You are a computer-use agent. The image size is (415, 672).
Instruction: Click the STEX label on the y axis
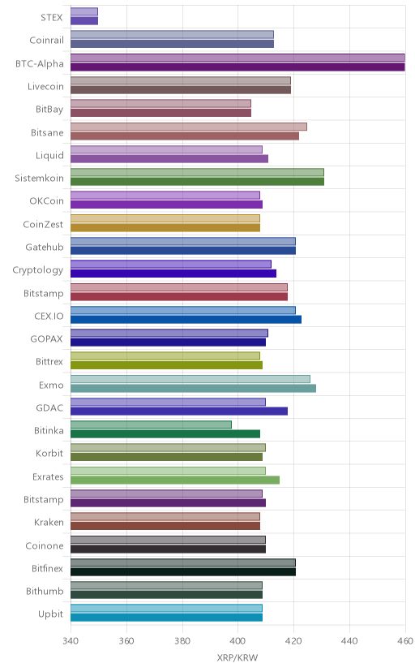coord(52,18)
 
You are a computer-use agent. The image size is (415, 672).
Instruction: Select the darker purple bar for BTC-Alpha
coord(237,67)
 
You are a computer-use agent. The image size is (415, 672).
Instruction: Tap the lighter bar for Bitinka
coord(151,424)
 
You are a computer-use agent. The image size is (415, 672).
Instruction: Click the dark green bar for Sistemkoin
coord(197,182)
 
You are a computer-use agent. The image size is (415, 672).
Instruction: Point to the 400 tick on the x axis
coord(237,641)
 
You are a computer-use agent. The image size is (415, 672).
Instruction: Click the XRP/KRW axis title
coord(237,658)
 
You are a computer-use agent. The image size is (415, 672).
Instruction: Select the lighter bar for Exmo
coord(190,379)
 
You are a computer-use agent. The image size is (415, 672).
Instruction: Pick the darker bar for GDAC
coord(179,411)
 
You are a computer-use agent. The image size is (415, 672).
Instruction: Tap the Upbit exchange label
coord(50,614)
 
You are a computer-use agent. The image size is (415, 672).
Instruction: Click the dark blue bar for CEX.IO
coord(186,319)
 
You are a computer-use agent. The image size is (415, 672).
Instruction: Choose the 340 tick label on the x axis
coord(71,641)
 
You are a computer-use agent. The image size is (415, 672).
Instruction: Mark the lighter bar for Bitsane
coord(189,127)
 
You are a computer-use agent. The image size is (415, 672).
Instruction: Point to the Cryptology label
coord(37,270)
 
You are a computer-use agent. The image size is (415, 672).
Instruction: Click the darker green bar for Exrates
coord(175,480)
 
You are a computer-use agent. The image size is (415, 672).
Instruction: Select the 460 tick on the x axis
coord(404,641)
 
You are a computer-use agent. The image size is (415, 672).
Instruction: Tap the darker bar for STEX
coord(84,21)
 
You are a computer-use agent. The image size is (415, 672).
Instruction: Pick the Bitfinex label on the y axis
coord(48,568)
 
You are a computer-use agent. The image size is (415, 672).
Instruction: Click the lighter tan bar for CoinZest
coord(165,218)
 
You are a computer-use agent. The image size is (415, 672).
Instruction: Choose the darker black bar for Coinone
coord(168,549)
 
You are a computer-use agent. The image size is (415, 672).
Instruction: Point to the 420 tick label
coord(293,641)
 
